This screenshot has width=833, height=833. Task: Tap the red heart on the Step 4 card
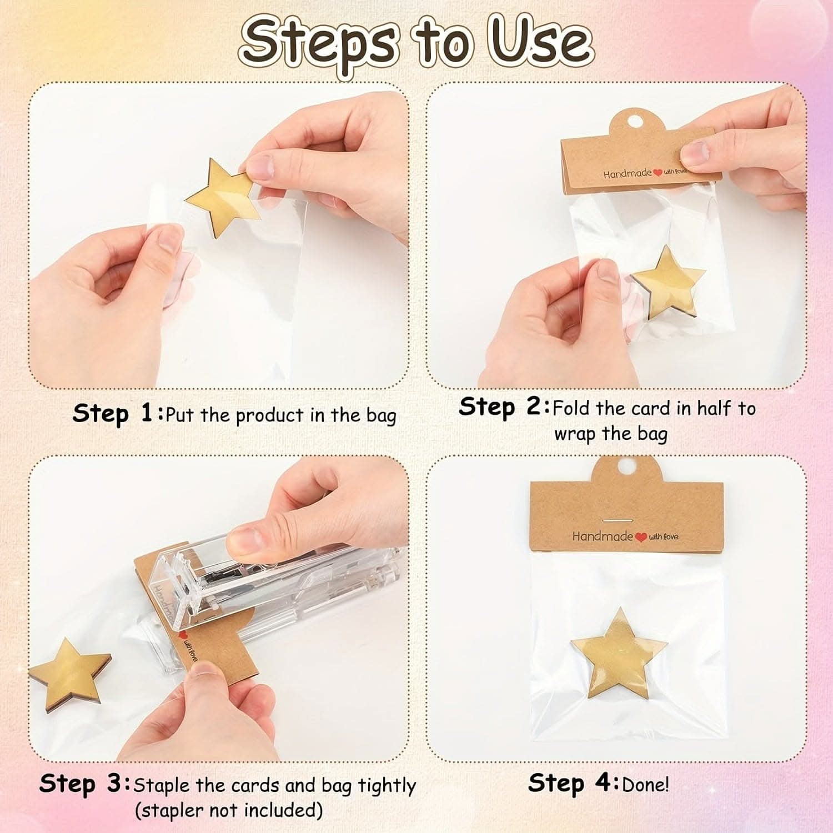(x=641, y=537)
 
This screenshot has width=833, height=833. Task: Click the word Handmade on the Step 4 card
(x=603, y=536)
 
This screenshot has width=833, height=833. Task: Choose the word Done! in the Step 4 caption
(x=645, y=785)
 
